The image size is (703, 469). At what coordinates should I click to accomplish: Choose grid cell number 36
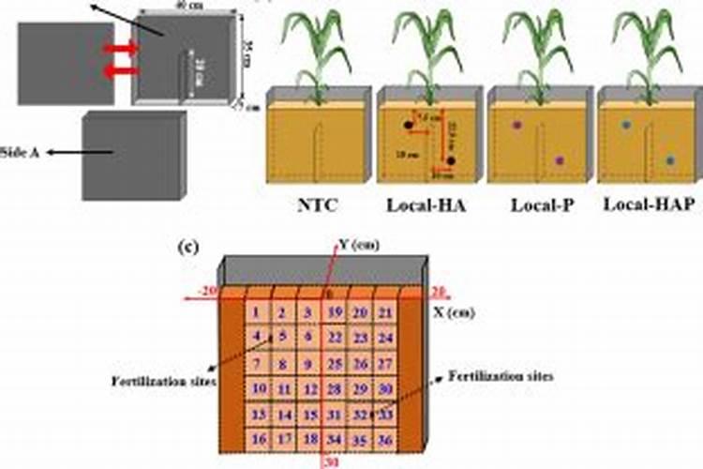(x=383, y=438)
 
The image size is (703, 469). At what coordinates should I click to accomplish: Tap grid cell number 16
(x=257, y=438)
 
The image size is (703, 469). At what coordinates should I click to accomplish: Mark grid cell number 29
(x=359, y=388)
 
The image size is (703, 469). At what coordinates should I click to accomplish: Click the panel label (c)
(x=187, y=248)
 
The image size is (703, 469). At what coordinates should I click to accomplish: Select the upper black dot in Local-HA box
(x=408, y=124)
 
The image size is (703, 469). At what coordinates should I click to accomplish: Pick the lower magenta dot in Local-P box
(x=560, y=161)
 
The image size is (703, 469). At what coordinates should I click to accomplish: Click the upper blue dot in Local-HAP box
(x=626, y=124)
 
